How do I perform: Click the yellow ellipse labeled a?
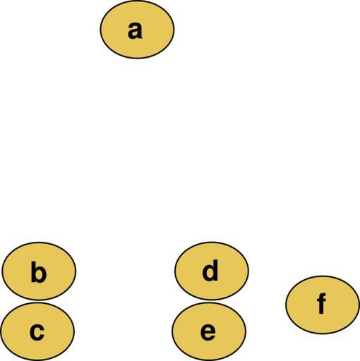tap(137, 30)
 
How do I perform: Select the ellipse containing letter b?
tap(39, 271)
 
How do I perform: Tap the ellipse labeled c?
tap(37, 331)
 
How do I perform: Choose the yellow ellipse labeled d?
tap(212, 271)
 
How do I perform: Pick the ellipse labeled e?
tap(209, 331)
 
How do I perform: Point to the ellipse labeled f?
tap(323, 305)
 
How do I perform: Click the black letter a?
tap(135, 30)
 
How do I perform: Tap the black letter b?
tap(39, 271)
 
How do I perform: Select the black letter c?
tap(37, 332)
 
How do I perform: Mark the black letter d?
tap(210, 270)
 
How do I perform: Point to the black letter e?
tap(208, 332)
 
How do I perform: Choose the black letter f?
tap(321, 303)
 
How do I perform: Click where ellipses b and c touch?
tap(38, 301)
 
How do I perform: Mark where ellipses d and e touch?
tap(210, 301)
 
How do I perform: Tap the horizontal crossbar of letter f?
tap(321, 300)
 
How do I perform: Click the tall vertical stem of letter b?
tap(34, 271)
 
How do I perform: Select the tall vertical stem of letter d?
tap(215, 270)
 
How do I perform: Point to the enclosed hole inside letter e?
tap(208, 329)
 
